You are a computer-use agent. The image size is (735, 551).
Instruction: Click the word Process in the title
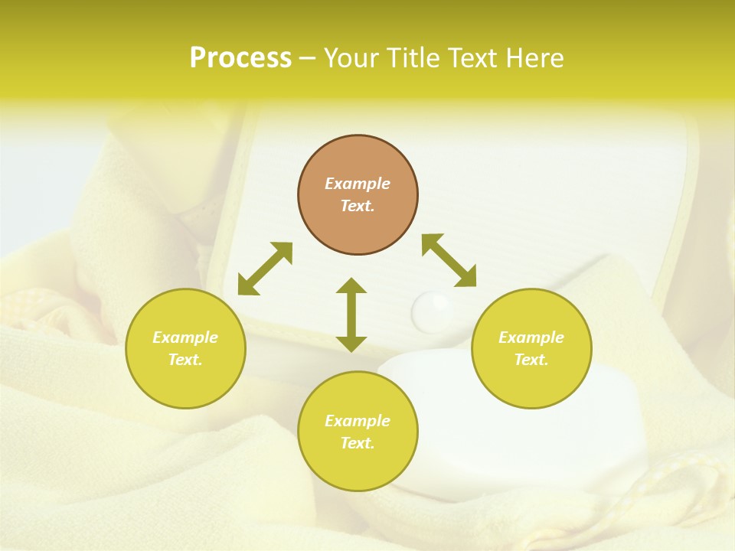[x=240, y=58]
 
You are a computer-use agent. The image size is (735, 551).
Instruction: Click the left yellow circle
[x=185, y=348]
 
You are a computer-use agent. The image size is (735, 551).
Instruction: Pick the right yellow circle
[x=531, y=348]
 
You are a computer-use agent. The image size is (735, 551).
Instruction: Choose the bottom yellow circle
[x=358, y=432]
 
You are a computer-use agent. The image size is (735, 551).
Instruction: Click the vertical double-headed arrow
[x=351, y=315]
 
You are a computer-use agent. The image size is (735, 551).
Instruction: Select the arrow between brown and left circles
[x=265, y=269]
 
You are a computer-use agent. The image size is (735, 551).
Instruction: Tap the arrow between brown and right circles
[x=449, y=260]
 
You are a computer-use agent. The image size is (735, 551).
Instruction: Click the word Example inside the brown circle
[x=358, y=184]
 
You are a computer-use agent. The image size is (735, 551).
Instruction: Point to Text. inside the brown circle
[x=358, y=206]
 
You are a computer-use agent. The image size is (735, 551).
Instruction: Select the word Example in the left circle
[x=185, y=337]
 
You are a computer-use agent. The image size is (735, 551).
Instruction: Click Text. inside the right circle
[x=531, y=360]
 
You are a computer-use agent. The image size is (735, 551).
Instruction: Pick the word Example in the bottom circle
[x=358, y=421]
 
